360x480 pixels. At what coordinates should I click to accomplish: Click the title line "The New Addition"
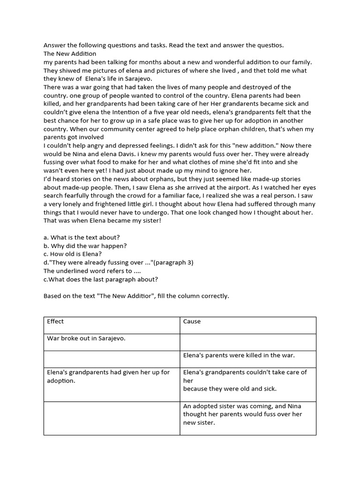(x=70, y=53)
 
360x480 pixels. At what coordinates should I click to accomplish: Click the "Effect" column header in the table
(x=55, y=322)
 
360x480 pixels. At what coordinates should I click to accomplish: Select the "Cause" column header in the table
(x=192, y=322)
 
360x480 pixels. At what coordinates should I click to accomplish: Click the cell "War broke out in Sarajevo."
(x=86, y=338)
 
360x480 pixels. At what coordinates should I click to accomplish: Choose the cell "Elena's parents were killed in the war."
(x=239, y=355)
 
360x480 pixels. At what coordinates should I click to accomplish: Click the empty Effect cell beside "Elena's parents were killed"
(x=112, y=359)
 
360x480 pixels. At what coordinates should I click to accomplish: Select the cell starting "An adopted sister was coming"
(x=243, y=414)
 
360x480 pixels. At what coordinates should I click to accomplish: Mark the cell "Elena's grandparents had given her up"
(x=108, y=376)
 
